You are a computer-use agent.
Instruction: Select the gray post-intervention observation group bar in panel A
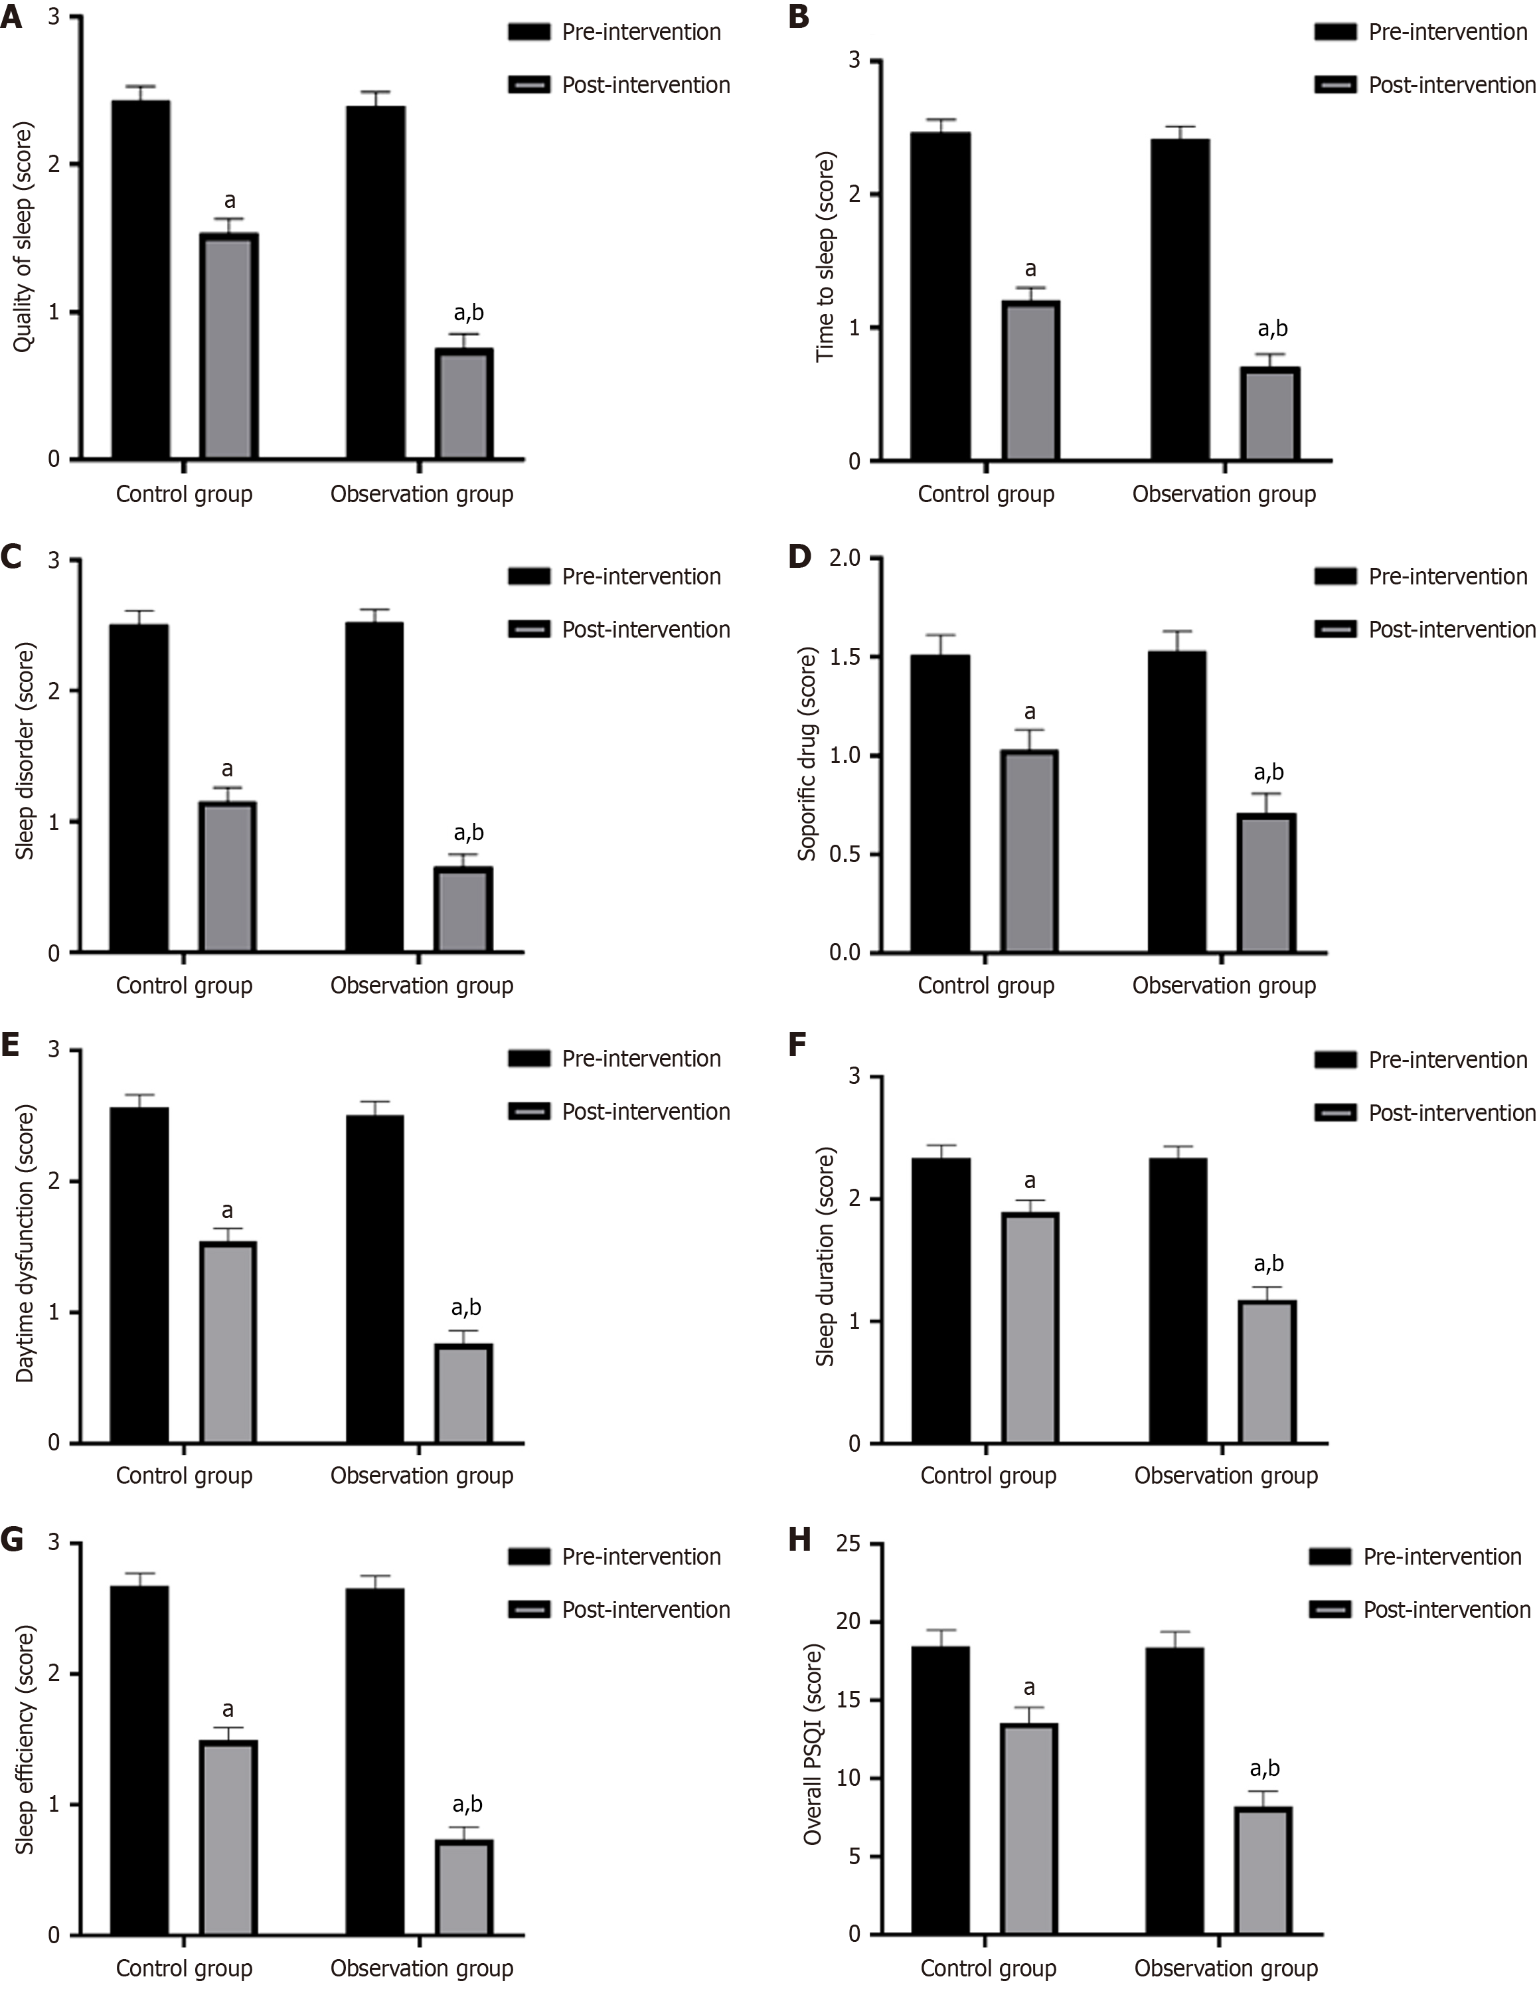[464, 404]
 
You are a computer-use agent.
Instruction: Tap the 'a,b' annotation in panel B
[1273, 329]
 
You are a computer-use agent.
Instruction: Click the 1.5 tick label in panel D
[845, 657]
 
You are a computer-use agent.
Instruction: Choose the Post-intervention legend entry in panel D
[1451, 630]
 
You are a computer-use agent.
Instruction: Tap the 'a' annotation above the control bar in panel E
[227, 1211]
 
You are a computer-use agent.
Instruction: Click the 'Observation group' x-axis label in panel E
[422, 1475]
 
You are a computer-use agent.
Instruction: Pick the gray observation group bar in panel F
[1267, 1371]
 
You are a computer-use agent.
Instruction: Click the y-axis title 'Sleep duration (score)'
[825, 1256]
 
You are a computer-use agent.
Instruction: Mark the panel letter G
[12, 1539]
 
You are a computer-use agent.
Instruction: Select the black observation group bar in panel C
[375, 787]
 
